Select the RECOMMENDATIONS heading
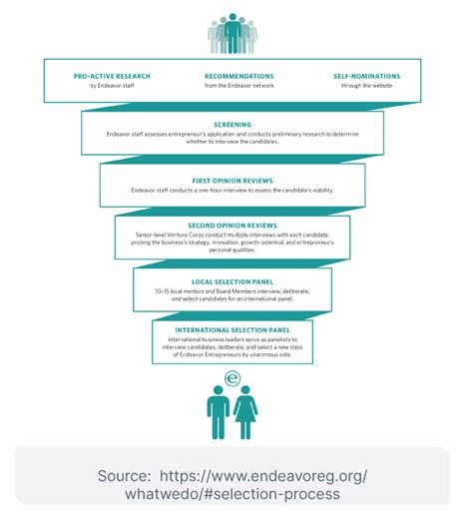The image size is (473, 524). tap(238, 76)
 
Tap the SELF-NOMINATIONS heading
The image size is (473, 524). tap(365, 76)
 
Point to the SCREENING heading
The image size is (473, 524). tap(233, 125)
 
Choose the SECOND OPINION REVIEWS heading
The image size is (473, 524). tap(233, 226)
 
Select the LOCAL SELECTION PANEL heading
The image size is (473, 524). tap(233, 281)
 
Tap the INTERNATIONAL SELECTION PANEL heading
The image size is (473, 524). tap(233, 329)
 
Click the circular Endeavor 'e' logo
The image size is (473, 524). tap(233, 378)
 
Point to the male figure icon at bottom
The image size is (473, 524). tap(218, 412)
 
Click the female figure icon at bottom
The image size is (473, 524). tap(245, 412)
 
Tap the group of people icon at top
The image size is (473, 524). tap(233, 36)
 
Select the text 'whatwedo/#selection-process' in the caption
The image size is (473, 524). tap(233, 495)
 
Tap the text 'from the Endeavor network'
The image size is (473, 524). tap(238, 87)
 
